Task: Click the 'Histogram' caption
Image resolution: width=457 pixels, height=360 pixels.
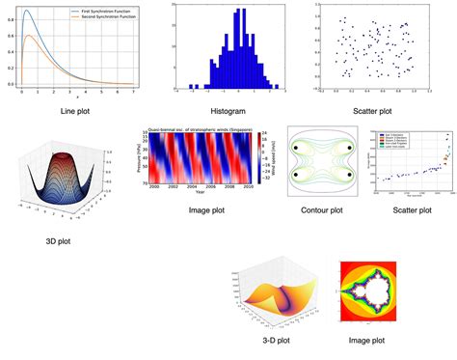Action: (x=227, y=111)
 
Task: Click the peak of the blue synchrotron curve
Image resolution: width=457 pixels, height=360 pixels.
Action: (x=26, y=12)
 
